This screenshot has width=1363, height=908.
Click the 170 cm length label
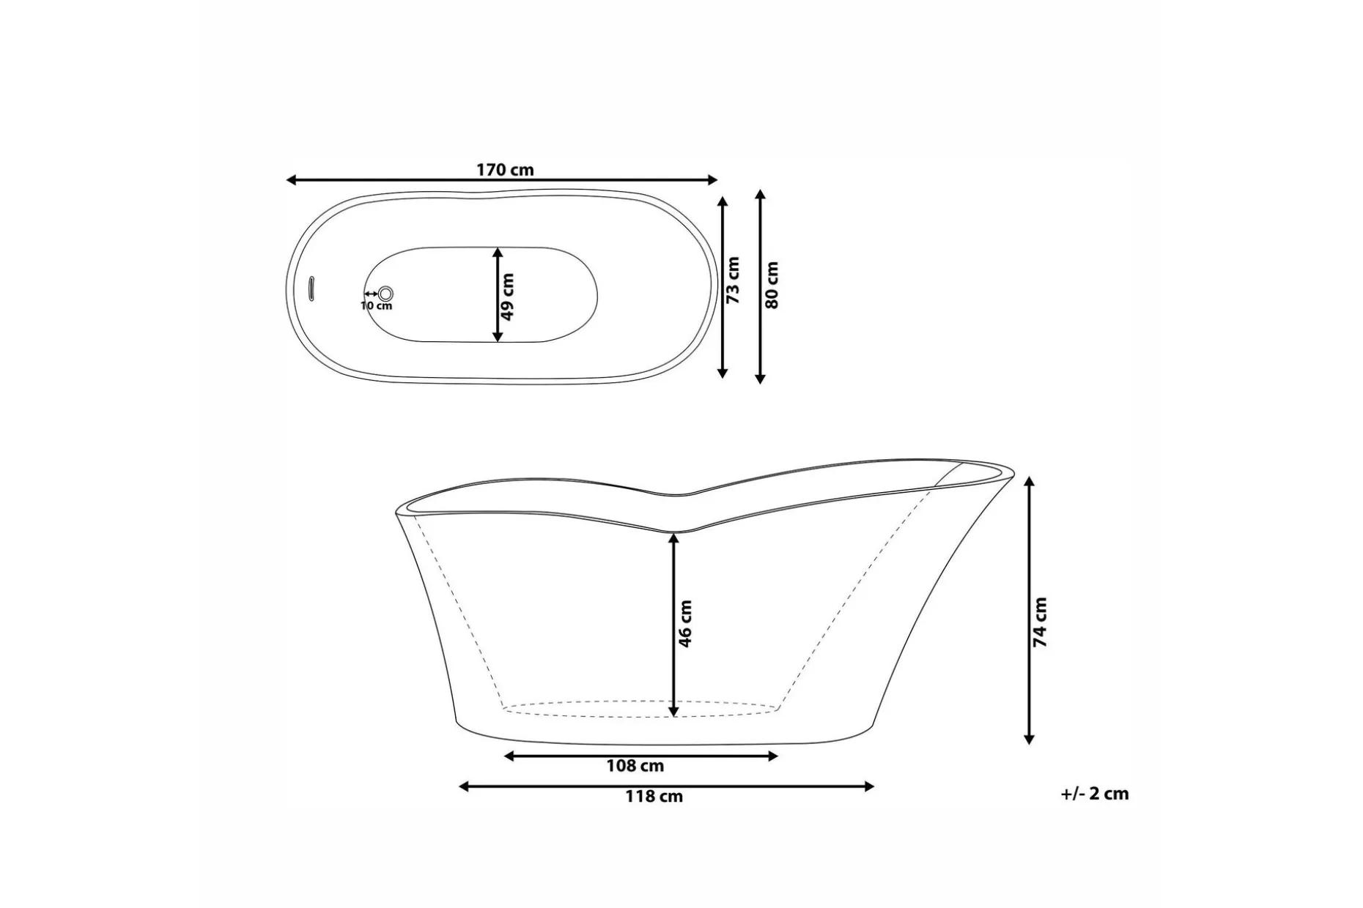tap(505, 170)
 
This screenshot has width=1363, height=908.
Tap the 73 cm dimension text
tap(733, 280)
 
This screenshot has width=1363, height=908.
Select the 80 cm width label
tap(772, 285)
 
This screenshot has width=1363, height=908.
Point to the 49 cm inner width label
tap(507, 297)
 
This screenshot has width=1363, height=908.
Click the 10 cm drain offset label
tap(377, 305)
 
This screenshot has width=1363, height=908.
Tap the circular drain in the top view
tap(385, 294)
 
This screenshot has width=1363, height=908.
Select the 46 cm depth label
tap(685, 624)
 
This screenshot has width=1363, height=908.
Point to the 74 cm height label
tap(1040, 622)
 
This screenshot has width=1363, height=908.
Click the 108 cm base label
tap(635, 766)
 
